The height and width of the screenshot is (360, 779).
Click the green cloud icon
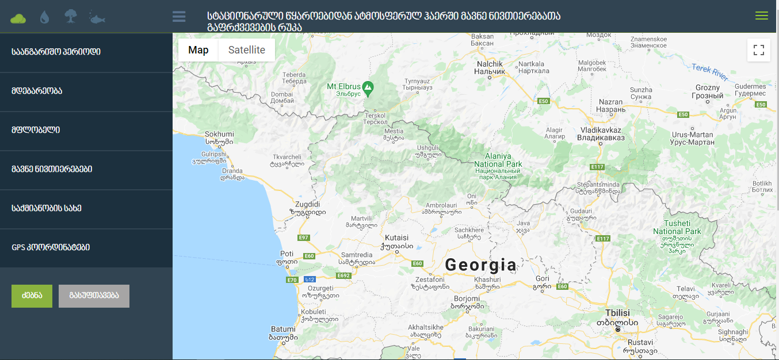point(18,17)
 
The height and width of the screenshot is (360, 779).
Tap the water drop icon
point(44,17)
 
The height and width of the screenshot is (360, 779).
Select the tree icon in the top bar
point(70,17)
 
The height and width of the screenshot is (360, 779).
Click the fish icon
point(97,18)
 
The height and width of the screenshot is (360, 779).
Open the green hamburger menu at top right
point(761,16)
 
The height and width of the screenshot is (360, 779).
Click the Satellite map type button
point(246,50)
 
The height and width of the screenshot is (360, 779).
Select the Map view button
point(198,50)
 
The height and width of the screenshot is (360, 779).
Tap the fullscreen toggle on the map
point(758,50)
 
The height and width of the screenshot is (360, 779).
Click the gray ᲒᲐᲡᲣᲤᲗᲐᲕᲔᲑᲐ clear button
point(94,296)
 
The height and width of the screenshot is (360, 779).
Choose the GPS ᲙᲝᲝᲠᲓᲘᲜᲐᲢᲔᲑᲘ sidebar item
point(51,247)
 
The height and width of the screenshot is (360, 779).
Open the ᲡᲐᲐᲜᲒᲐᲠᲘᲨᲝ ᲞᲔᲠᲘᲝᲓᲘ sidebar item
point(56,52)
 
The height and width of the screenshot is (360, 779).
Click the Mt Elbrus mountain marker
point(368,87)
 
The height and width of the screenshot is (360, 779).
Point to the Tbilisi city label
point(617,312)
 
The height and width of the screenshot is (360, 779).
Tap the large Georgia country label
point(481,265)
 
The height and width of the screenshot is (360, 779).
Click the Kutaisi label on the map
point(396,238)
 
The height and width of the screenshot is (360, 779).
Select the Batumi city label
point(283,329)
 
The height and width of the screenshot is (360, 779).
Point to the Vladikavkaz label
point(601,130)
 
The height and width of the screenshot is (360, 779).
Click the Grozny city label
point(707,88)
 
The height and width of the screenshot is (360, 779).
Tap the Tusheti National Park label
point(677,227)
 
